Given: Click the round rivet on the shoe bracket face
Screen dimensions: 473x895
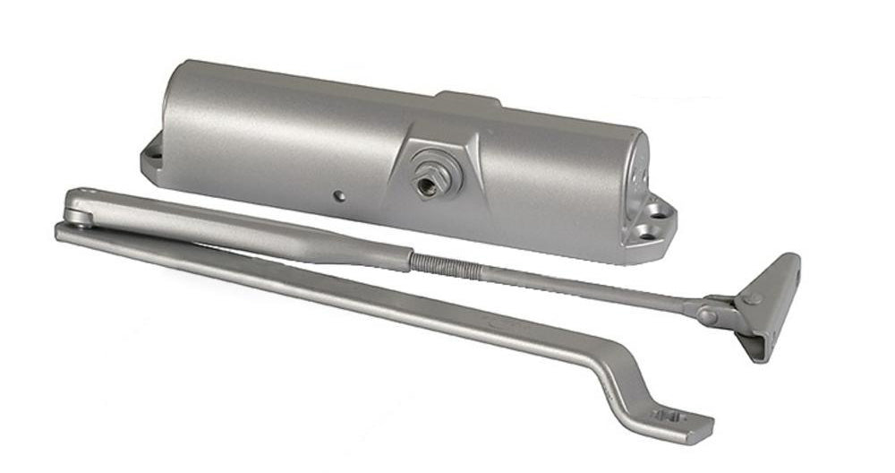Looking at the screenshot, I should click(754, 297).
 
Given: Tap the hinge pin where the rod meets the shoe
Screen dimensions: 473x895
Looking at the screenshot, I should click(707, 315).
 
